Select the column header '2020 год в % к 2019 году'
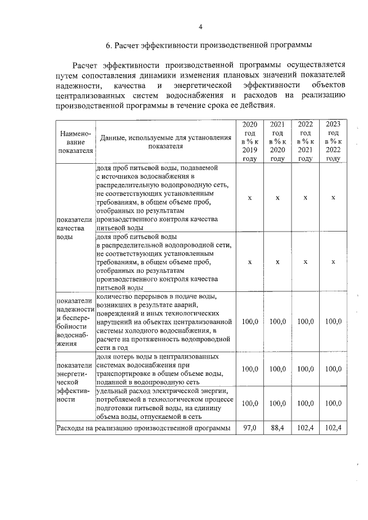pyautogui.click(x=250, y=141)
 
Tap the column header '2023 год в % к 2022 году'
pyautogui.click(x=333, y=141)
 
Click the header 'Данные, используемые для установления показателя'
pyautogui.click(x=165, y=141)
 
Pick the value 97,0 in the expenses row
pyautogui.click(x=250, y=428)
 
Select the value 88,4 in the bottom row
pyautogui.click(x=278, y=428)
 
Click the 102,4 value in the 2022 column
pyautogui.click(x=305, y=428)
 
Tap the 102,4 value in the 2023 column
pyautogui.click(x=333, y=428)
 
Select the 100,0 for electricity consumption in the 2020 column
pyautogui.click(x=250, y=404)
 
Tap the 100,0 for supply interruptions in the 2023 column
pyautogui.click(x=333, y=322)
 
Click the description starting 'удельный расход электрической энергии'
pyautogui.click(x=165, y=404)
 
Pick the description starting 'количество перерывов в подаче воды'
pyautogui.click(x=165, y=322)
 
